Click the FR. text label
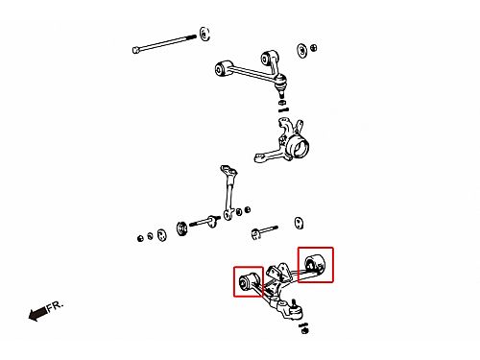click(x=56, y=306)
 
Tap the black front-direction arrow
click(x=37, y=313)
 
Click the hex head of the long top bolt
click(x=136, y=50)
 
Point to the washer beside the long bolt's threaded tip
click(x=204, y=34)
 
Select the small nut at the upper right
click(x=314, y=48)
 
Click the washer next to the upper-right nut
click(x=301, y=51)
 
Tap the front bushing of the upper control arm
click(x=221, y=68)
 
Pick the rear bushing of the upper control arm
click(x=268, y=58)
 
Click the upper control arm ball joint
click(x=280, y=84)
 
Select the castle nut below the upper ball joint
click(x=282, y=103)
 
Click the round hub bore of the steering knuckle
click(x=300, y=148)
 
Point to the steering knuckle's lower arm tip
click(x=257, y=157)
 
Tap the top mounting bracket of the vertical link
click(x=228, y=171)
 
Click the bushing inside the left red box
click(x=248, y=281)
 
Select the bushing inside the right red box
click(x=315, y=263)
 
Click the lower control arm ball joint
click(x=295, y=310)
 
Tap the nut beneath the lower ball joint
click(x=304, y=330)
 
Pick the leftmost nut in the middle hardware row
click(x=140, y=238)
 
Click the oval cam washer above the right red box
click(x=299, y=223)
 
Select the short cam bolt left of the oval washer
click(x=264, y=231)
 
